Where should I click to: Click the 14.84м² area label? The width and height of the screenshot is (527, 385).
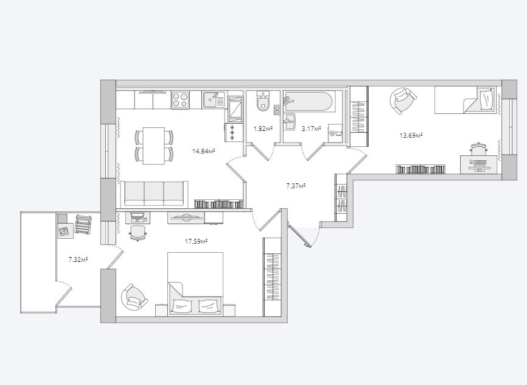(203, 152)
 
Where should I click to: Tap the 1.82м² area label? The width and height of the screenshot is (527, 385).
(262, 128)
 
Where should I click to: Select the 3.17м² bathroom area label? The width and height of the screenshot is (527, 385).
(311, 128)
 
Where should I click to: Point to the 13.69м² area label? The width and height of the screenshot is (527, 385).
(411, 135)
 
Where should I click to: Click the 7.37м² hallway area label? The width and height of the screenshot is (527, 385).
(296, 185)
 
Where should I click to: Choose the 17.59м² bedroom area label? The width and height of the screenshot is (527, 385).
(196, 241)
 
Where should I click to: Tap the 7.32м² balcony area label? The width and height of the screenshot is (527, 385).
(78, 260)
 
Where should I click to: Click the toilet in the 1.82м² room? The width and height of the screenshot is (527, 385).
(263, 101)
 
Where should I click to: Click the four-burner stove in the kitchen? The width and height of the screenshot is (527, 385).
(180, 100)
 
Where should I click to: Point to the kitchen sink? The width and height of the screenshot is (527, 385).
(214, 100)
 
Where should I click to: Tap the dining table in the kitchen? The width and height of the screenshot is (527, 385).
(153, 146)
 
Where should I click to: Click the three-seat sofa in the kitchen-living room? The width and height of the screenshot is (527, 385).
(155, 193)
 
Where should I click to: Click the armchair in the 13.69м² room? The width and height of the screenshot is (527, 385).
(402, 101)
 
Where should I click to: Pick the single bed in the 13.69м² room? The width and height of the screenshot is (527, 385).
(466, 100)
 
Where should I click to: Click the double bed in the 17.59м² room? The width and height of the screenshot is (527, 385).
(195, 284)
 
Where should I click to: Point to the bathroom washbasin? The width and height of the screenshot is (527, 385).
(289, 121)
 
